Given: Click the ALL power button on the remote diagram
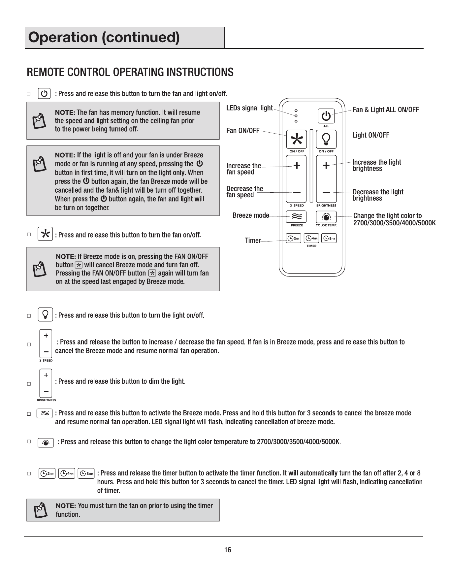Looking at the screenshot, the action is pos(326,116).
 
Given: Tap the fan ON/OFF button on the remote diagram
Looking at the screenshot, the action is pos(297,140).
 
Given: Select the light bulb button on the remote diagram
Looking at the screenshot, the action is pos(326,140).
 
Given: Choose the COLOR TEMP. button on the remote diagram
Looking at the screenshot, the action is pos(326,217).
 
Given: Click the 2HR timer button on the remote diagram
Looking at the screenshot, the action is pos(293,238).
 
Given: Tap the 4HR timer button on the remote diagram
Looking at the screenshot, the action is pos(311,238).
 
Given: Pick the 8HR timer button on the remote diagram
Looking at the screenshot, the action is pos(329,238).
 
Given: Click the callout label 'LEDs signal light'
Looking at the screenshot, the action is pos(249,108).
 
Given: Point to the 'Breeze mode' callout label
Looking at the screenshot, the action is pos(251,215).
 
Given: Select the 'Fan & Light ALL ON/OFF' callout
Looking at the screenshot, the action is pos(386,110).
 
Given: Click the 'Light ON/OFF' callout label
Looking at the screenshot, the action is pos(371,135).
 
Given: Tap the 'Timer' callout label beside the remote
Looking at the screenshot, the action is pos(253,241).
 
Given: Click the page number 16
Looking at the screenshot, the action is pos(228,550).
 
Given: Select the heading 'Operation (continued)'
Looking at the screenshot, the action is pos(104,38).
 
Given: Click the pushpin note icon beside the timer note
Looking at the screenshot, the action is pos(40,510).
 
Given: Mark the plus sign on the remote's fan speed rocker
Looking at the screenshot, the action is pos(297,166).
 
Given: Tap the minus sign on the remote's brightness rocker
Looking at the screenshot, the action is pos(326,192).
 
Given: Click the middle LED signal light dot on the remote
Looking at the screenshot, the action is pos(296,116).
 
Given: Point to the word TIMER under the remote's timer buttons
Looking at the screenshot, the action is pos(311,246).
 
